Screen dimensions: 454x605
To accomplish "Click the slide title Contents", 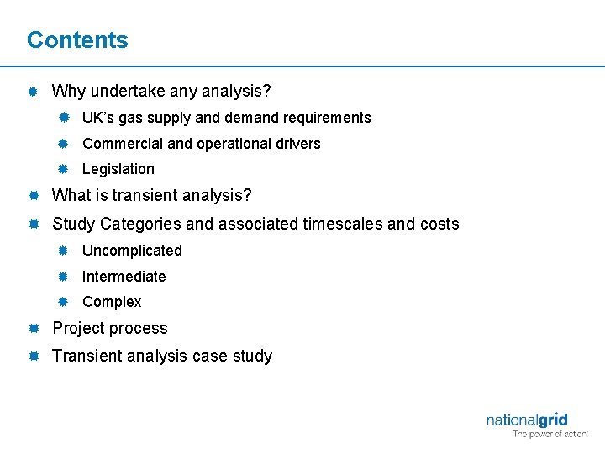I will (77, 40).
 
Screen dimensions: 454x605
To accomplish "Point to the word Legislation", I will (118, 169).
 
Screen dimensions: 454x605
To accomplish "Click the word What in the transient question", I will (71, 196).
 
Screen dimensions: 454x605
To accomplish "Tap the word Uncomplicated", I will (132, 251).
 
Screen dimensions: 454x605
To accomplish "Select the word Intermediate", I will (124, 277).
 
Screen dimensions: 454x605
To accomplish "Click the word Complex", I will (112, 302).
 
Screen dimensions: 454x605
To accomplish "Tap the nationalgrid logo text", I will (527, 420).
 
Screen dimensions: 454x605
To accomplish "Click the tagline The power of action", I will (550, 435).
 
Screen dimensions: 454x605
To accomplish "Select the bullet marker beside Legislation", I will (62, 169).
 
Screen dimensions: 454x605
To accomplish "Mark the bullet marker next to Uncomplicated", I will (62, 251).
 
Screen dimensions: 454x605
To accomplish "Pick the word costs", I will (439, 224).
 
